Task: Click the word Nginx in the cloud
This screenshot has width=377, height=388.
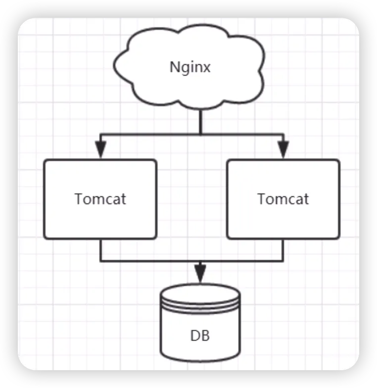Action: [x=190, y=67]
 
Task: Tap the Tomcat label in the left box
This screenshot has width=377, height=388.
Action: [x=100, y=199]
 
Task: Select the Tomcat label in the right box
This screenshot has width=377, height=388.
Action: [x=283, y=199]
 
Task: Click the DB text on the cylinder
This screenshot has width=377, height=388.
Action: [x=200, y=336]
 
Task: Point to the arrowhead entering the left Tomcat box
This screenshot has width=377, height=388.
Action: [x=100, y=149]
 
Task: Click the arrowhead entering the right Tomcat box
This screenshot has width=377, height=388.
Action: [x=283, y=149]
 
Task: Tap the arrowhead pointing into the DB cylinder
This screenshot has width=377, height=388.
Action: [x=200, y=273]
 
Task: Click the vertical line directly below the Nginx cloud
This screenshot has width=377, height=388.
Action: [x=200, y=122]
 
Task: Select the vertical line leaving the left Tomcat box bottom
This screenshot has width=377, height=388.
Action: [x=100, y=250]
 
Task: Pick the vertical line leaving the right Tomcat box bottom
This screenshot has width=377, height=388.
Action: [x=283, y=250]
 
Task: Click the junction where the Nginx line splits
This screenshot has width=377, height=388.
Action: [x=200, y=135]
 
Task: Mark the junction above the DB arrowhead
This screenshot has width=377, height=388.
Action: [x=200, y=261]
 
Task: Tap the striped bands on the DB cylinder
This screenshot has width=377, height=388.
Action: [x=200, y=304]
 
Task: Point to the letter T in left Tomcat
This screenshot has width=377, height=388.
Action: [x=79, y=199]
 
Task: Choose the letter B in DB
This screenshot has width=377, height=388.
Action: [x=205, y=336]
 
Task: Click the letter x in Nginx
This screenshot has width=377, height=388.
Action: [x=207, y=68]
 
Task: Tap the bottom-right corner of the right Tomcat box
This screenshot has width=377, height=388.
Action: [x=339, y=238]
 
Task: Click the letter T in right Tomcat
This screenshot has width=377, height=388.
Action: [x=262, y=199]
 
